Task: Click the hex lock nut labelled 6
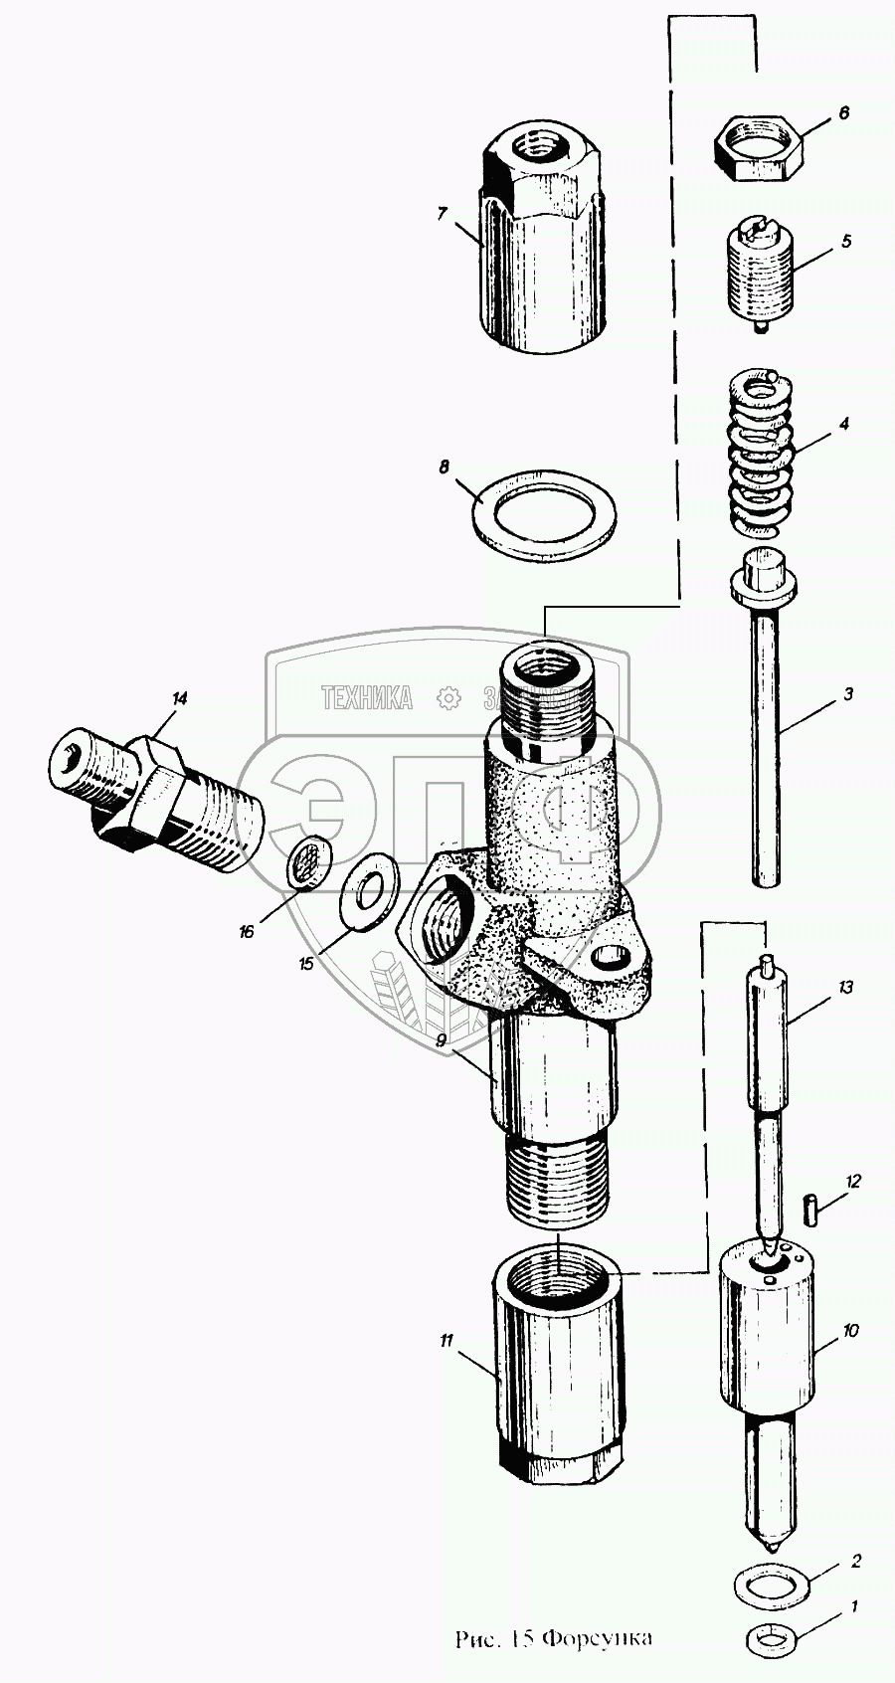coord(758,149)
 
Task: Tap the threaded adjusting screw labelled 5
coord(761,274)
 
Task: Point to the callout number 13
coord(845,988)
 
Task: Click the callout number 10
coord(850,1330)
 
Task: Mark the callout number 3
coord(848,695)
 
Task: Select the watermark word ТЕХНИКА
coord(367,698)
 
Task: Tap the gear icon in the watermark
coord(449,698)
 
